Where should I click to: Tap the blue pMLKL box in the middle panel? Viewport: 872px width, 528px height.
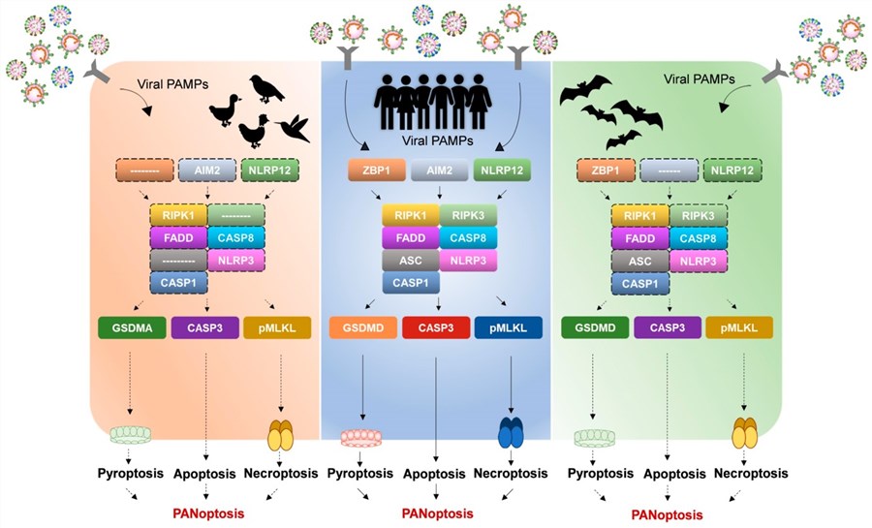coord(509,327)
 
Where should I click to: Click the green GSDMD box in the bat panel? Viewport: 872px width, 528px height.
coord(594,327)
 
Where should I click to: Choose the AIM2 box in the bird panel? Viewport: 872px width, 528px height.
coord(205,171)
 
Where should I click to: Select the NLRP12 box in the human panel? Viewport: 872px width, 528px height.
coord(504,171)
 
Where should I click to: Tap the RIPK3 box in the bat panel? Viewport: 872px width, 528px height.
coord(700,216)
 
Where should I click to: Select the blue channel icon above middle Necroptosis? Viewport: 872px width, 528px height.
coord(509,433)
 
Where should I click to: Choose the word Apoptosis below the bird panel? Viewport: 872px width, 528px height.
coord(205,476)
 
